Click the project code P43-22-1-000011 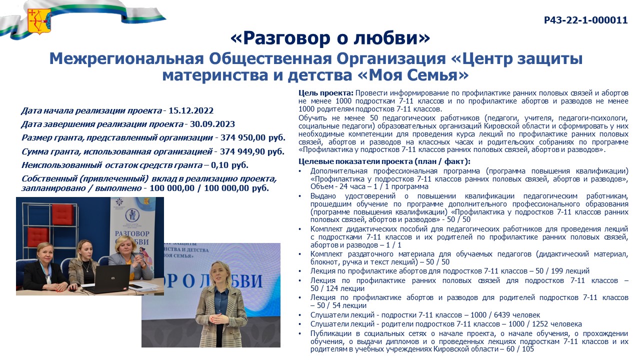click(x=585, y=20)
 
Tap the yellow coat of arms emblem click(x=39, y=21)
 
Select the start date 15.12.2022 click(x=191, y=110)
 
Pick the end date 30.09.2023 click(x=212, y=124)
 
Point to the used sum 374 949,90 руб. click(x=252, y=151)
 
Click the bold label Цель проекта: click(x=326, y=93)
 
